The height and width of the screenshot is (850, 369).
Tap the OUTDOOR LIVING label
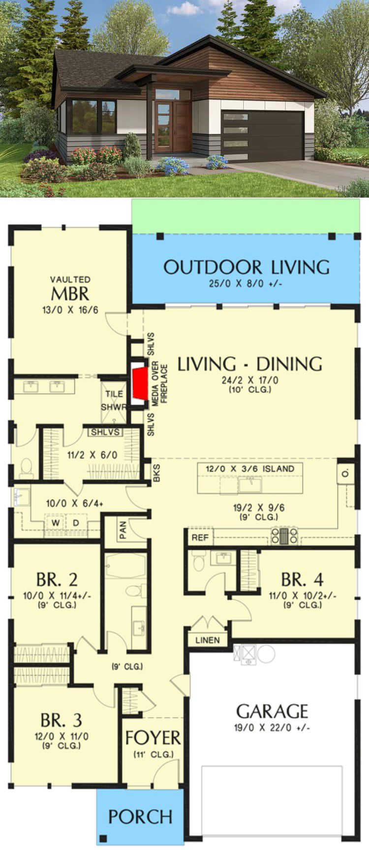point(246,267)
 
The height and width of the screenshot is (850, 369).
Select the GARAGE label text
point(272,711)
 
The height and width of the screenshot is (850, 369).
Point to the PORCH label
point(140,816)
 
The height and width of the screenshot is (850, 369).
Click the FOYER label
point(153,738)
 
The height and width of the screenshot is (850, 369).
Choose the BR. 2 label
point(57,579)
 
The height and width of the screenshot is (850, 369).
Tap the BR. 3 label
point(61,720)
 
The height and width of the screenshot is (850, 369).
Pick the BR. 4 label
point(302,579)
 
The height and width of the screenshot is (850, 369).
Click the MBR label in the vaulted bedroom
point(70,294)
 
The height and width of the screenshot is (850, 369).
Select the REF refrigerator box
point(200,537)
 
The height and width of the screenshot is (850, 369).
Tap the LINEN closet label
point(208,640)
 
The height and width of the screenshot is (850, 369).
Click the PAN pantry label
point(123,530)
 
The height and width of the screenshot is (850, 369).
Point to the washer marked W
point(55,522)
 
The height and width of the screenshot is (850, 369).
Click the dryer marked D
point(76,522)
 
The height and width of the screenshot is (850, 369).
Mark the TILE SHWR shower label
point(114,401)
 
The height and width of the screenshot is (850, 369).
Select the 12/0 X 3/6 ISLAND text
point(250,469)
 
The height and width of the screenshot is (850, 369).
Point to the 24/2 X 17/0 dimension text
point(250,380)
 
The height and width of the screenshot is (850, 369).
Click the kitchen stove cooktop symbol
point(285,536)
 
